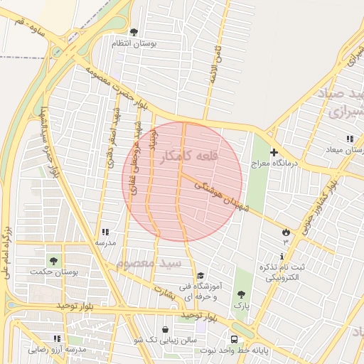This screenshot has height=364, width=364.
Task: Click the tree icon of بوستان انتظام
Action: pos(134,32)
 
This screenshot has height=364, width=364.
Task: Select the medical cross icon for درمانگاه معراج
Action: pos(274,152)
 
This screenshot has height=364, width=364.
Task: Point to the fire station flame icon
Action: pos(286,232)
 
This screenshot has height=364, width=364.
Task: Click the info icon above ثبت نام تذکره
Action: pos(282,256)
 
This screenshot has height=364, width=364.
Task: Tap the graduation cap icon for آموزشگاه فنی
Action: pos(200,276)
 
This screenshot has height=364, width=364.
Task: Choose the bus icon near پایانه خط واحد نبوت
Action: pos(234,338)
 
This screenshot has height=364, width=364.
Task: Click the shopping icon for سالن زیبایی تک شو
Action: pos(166,330)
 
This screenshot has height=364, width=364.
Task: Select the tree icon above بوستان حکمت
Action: pos(53,260)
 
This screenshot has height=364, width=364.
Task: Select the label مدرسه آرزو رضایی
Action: pos(57,350)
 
